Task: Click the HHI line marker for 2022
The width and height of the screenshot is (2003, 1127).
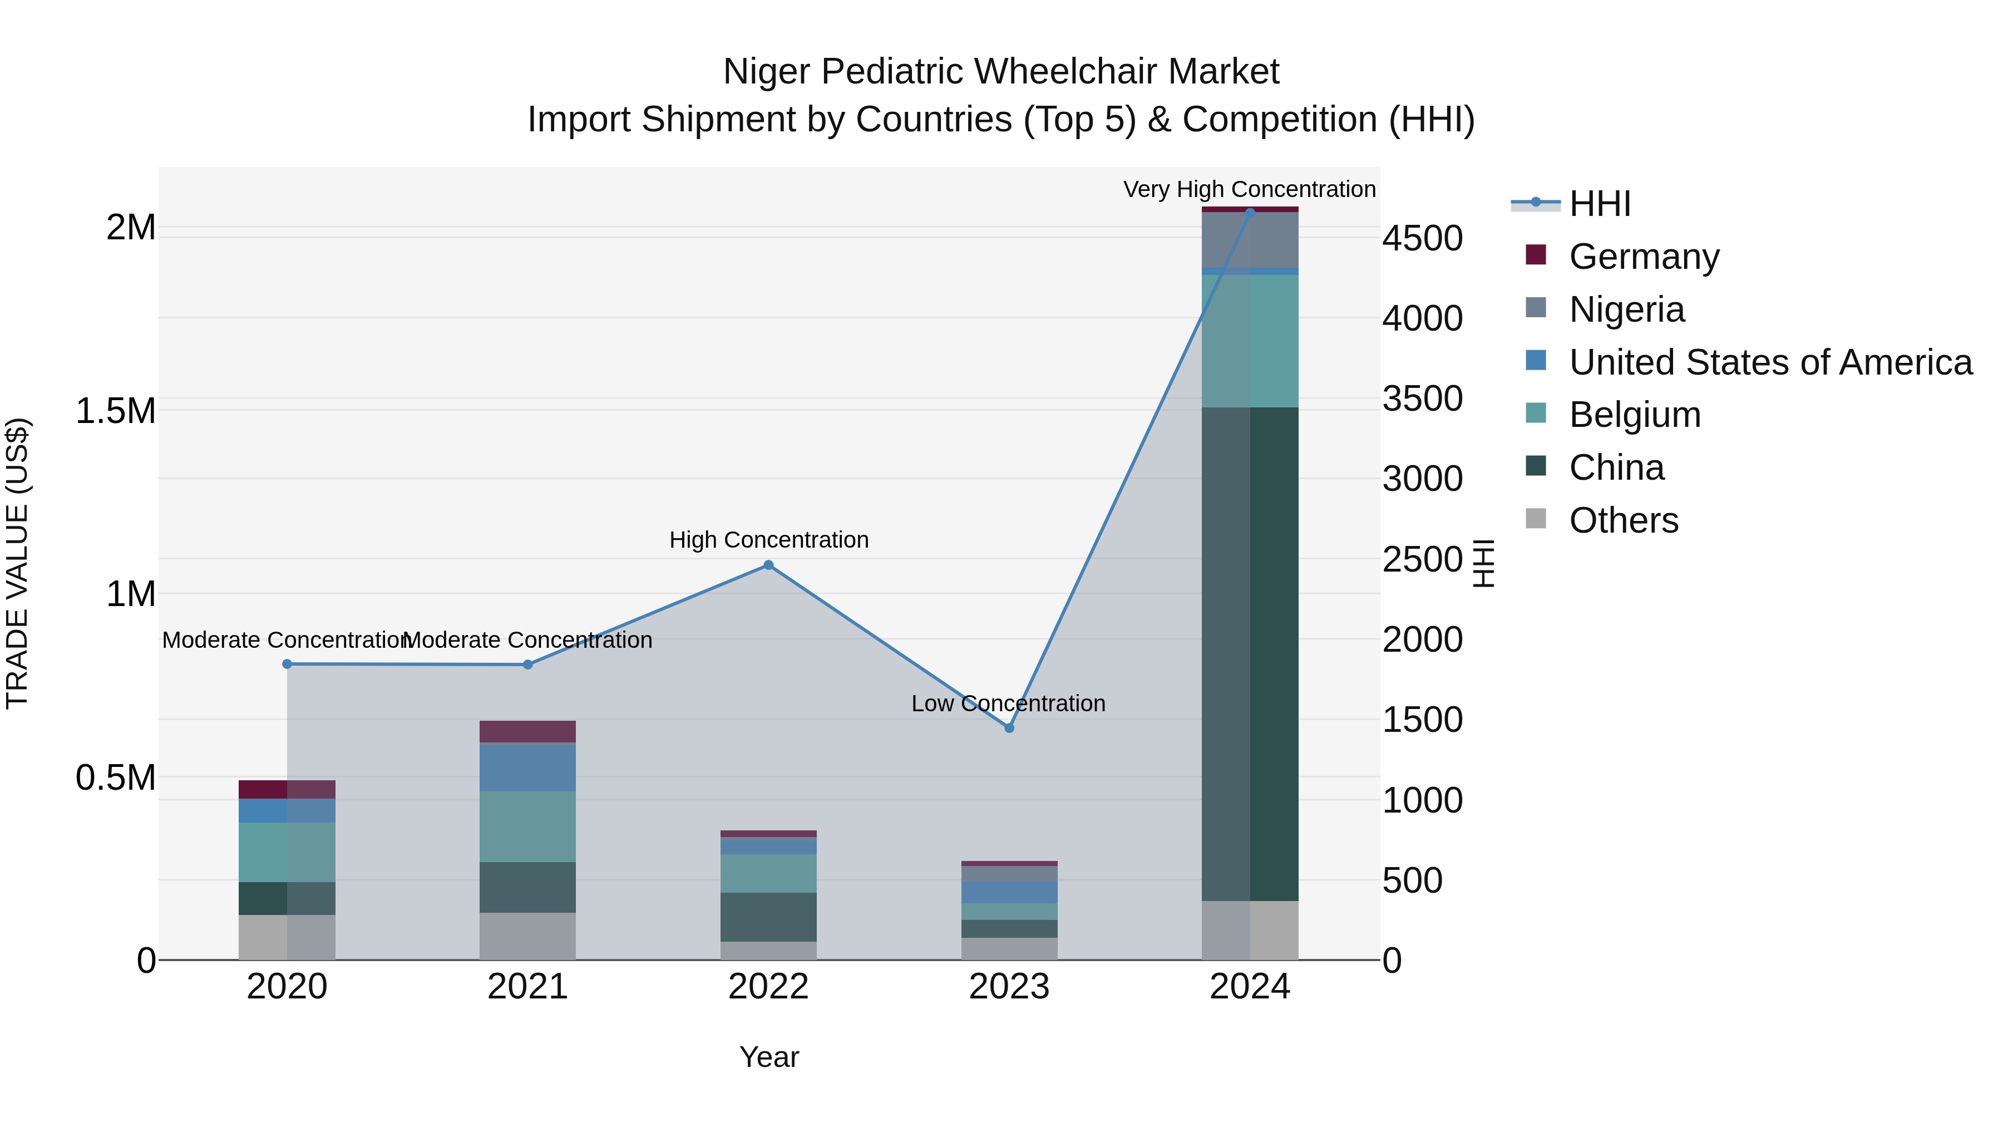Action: click(768, 565)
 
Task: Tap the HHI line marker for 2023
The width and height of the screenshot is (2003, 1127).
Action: click(1009, 728)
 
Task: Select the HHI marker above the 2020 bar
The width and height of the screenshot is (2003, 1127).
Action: click(287, 664)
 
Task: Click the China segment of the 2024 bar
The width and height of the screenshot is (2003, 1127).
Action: click(1250, 653)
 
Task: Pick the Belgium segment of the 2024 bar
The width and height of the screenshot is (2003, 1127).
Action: click(1250, 341)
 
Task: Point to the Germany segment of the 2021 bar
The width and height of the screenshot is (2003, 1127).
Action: click(527, 731)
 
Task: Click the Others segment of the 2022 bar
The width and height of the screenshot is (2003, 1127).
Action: click(768, 951)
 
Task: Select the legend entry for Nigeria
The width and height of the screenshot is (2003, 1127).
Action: click(1627, 309)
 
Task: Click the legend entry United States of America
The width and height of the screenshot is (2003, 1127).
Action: click(1770, 362)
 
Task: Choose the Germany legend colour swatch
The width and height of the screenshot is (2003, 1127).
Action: click(1536, 254)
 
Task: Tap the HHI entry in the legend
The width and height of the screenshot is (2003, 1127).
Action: click(1600, 204)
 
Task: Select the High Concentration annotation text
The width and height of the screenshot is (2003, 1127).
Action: click(768, 540)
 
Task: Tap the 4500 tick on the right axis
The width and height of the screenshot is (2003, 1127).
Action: click(1422, 238)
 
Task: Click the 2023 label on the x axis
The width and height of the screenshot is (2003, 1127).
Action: click(1009, 987)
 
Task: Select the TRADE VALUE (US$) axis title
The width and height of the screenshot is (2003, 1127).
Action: click(17, 563)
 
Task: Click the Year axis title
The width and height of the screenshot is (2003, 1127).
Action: click(769, 1057)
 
